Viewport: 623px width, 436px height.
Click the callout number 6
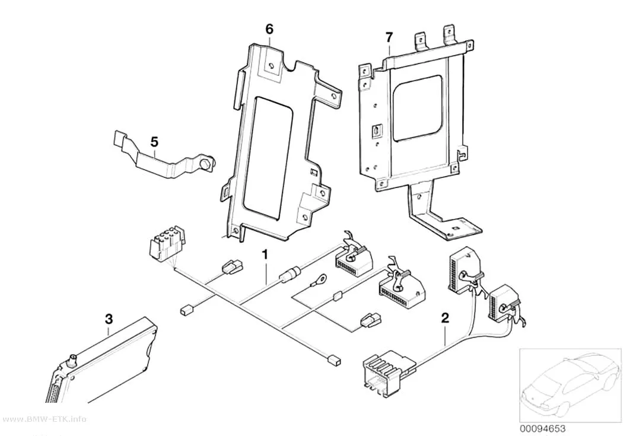coord(269,28)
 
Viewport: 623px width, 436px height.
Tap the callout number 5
coord(154,141)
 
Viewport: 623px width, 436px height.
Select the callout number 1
coord(265,253)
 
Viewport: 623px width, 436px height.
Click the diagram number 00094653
coord(543,428)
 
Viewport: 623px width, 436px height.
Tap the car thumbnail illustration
coord(570,384)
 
